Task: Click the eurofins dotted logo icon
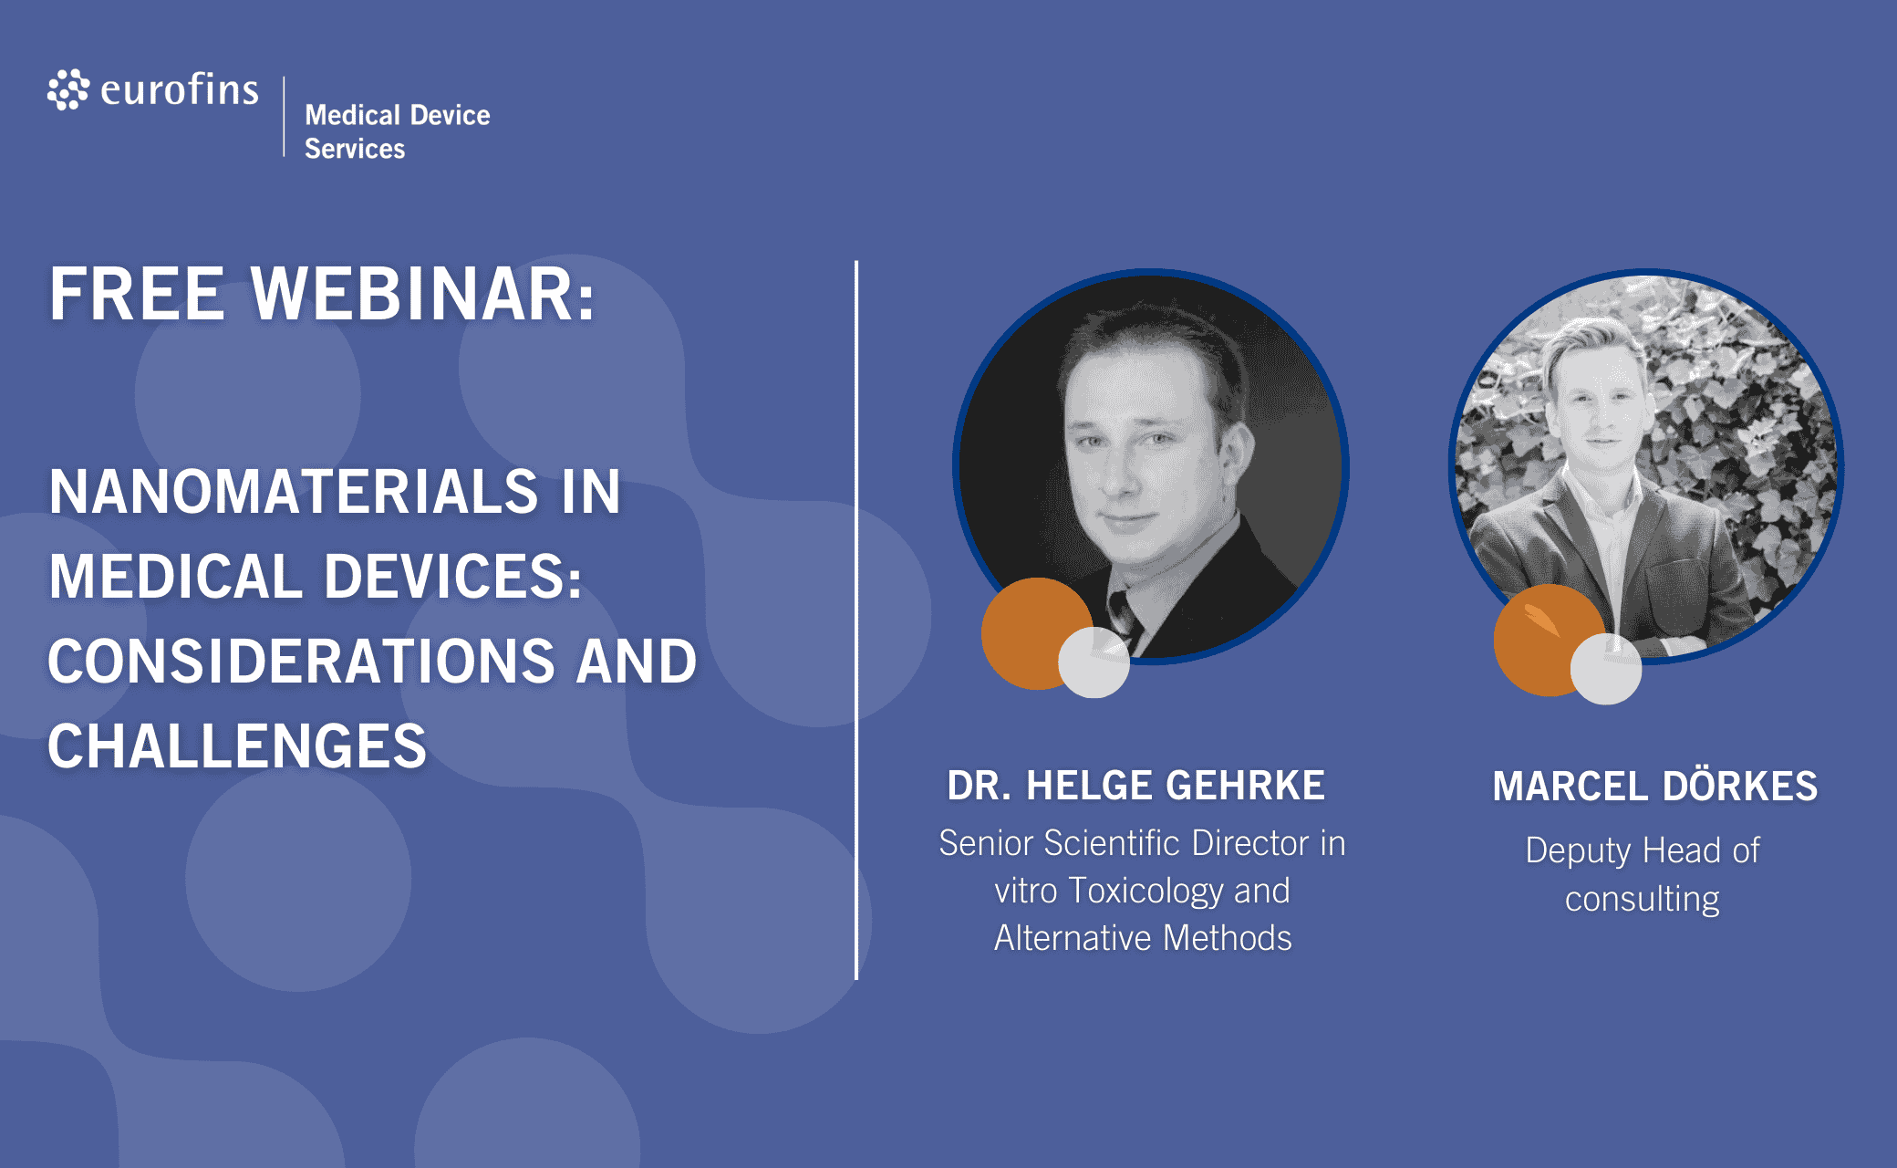[68, 89]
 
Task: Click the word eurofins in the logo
[180, 89]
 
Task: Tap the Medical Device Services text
[398, 131]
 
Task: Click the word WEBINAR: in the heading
[423, 294]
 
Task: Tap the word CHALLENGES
[237, 746]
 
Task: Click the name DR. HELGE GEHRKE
[1135, 786]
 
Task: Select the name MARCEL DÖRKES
[1654, 786]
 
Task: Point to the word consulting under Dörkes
[1643, 899]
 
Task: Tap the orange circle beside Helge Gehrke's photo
[1031, 632]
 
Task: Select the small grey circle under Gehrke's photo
[1094, 662]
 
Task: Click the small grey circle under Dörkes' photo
[1606, 669]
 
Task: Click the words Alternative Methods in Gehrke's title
[1143, 938]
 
